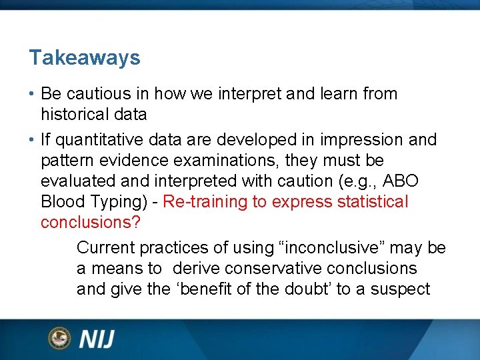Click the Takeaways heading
pyautogui.click(x=85, y=58)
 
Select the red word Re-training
pyautogui.click(x=205, y=202)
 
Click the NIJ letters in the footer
pyautogui.click(x=97, y=339)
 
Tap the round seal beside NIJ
pyautogui.click(x=59, y=338)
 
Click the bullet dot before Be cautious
pyautogui.click(x=32, y=94)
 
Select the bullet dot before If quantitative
pyautogui.click(x=32, y=141)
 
